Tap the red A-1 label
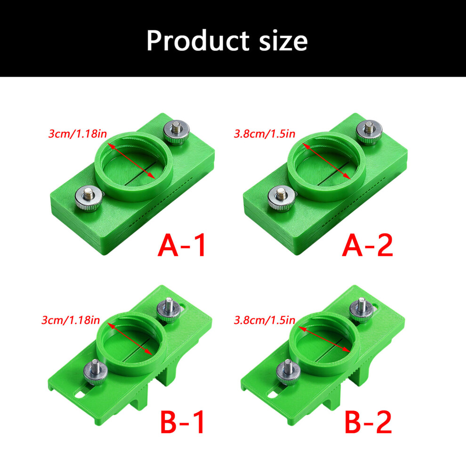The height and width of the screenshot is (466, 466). (x=182, y=245)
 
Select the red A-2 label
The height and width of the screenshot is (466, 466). (x=368, y=245)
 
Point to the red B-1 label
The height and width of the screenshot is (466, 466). (x=183, y=422)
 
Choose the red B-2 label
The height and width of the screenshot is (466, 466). (x=368, y=422)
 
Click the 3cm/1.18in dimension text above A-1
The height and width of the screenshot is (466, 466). (x=78, y=134)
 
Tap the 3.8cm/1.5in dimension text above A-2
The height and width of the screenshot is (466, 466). (x=265, y=134)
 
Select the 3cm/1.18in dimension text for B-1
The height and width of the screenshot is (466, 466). (x=71, y=320)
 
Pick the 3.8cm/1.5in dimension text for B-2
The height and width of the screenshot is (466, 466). (x=265, y=320)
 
